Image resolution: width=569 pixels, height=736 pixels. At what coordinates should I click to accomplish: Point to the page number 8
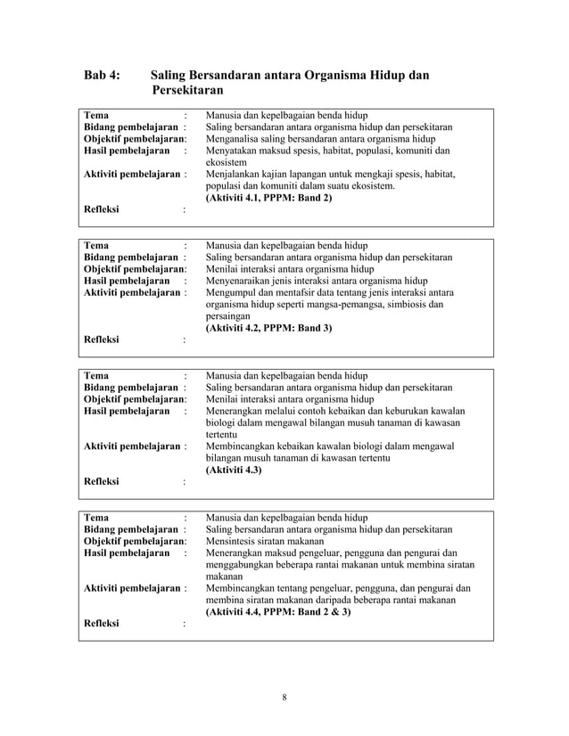click(284, 696)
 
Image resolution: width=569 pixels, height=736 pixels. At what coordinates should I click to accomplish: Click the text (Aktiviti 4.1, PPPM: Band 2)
click(268, 198)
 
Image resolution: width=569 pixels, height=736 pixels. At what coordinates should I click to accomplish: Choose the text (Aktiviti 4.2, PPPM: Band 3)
click(268, 328)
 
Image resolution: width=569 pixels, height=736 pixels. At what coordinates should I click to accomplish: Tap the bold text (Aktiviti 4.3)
click(233, 470)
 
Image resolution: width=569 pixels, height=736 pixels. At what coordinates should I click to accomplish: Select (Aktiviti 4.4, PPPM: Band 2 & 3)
click(278, 613)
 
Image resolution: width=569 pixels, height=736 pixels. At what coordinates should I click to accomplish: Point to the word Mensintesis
click(234, 540)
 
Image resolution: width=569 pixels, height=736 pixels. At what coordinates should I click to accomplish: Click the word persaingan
click(227, 315)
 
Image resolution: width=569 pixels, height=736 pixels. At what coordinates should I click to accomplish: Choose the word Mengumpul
click(231, 291)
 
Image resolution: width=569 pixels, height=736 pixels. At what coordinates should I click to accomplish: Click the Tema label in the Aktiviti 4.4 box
click(95, 516)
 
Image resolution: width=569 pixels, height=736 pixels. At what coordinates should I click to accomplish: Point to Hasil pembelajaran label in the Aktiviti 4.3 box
click(126, 410)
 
